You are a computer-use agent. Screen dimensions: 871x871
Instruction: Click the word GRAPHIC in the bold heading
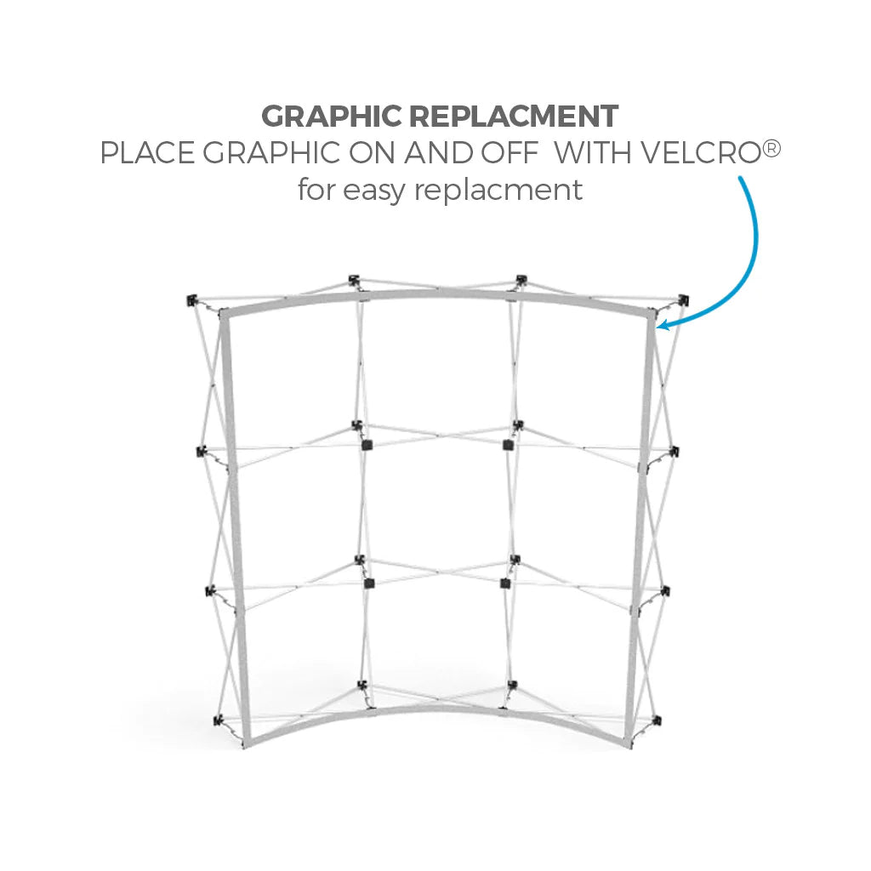click(x=331, y=116)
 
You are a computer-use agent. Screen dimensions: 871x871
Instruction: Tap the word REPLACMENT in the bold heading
click(x=514, y=116)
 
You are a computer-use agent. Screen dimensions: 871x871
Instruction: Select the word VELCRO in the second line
click(x=701, y=152)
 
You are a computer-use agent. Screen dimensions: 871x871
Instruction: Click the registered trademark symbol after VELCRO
click(x=771, y=148)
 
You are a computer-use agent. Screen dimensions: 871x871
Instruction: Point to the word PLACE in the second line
click(x=147, y=152)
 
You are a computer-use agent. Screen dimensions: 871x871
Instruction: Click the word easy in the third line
click(x=374, y=191)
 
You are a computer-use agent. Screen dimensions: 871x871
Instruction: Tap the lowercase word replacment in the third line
click(x=498, y=191)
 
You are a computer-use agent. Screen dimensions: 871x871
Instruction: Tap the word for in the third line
click(x=316, y=190)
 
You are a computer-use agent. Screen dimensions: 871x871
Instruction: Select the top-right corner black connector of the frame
click(x=683, y=301)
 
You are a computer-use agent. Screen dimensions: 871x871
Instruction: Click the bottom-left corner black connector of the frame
click(x=219, y=721)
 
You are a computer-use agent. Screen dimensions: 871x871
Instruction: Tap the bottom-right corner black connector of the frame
click(x=657, y=721)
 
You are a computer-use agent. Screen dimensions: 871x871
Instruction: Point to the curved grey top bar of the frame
click(x=437, y=293)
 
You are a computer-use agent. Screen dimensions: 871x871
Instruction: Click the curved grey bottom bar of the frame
click(x=437, y=712)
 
